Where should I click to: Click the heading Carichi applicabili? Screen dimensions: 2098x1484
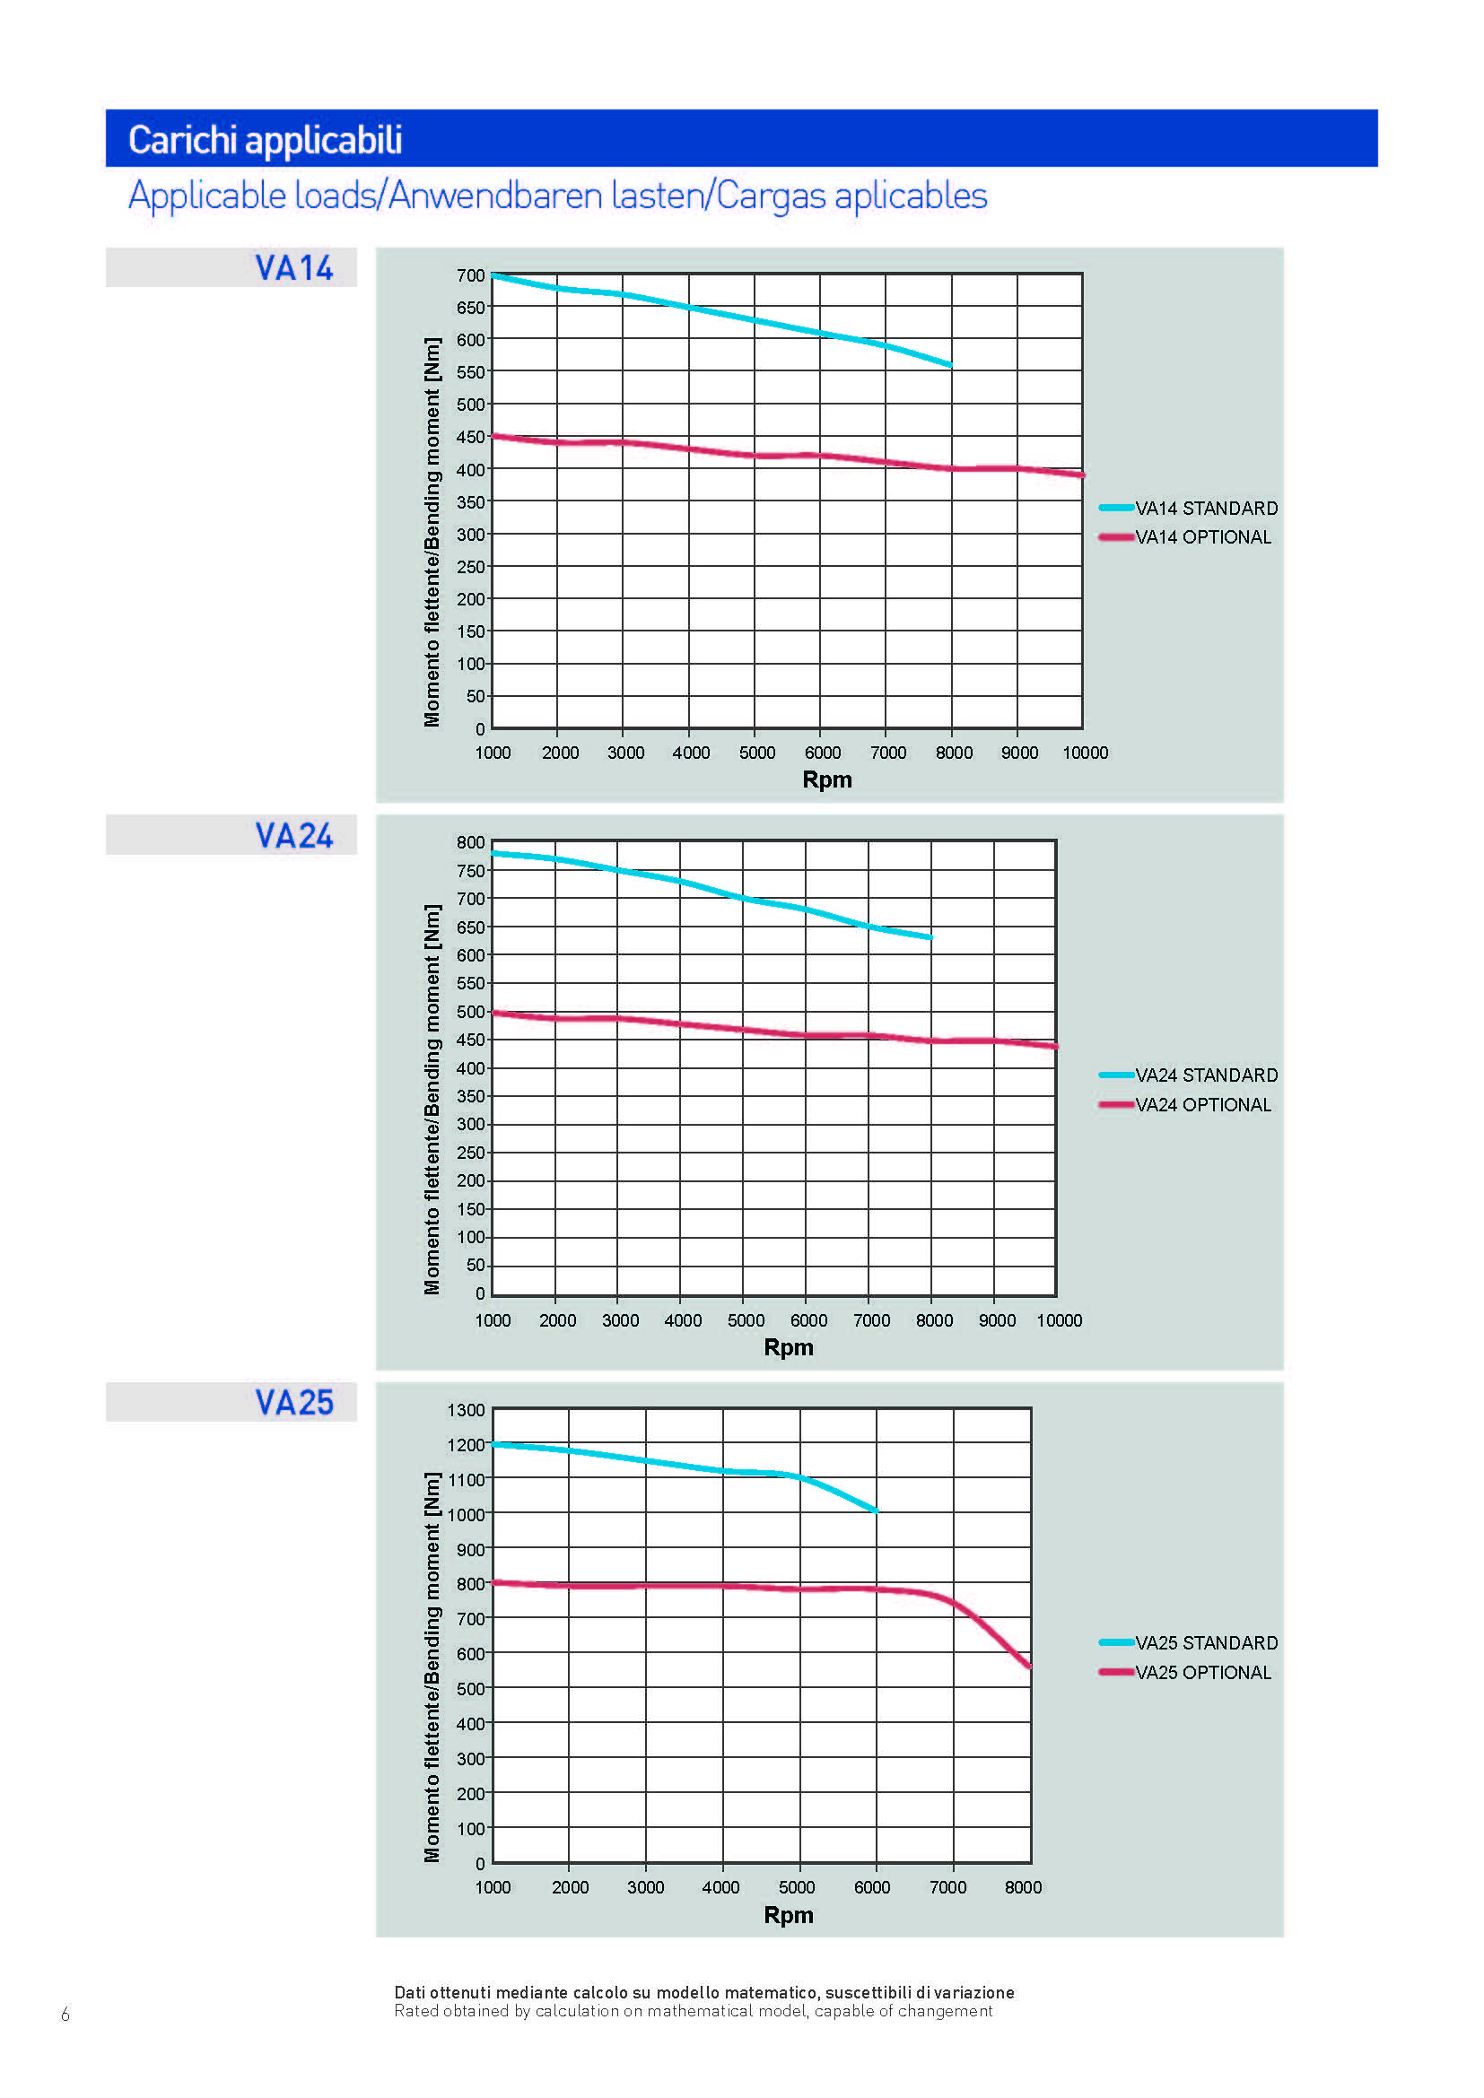265,140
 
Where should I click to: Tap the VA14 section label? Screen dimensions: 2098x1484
293,267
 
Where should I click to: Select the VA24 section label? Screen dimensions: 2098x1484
293,835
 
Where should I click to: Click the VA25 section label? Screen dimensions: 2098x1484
293,1403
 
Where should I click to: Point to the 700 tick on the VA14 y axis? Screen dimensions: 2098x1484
471,275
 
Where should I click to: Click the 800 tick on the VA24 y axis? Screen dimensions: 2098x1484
471,842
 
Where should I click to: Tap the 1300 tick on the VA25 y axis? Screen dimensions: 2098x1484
466,1410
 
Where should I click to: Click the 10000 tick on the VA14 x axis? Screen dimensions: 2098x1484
1085,753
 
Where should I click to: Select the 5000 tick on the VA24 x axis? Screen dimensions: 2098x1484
746,1320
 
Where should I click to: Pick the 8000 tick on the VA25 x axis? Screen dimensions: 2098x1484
1023,1887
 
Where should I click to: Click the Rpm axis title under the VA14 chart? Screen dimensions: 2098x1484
827,779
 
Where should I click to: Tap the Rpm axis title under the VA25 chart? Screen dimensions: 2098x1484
789,1914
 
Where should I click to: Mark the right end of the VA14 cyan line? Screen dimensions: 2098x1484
950,364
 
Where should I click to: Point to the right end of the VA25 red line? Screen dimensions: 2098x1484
1030,1667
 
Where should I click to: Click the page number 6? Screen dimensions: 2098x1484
65,2014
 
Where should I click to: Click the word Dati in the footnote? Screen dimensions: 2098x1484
409,1992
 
